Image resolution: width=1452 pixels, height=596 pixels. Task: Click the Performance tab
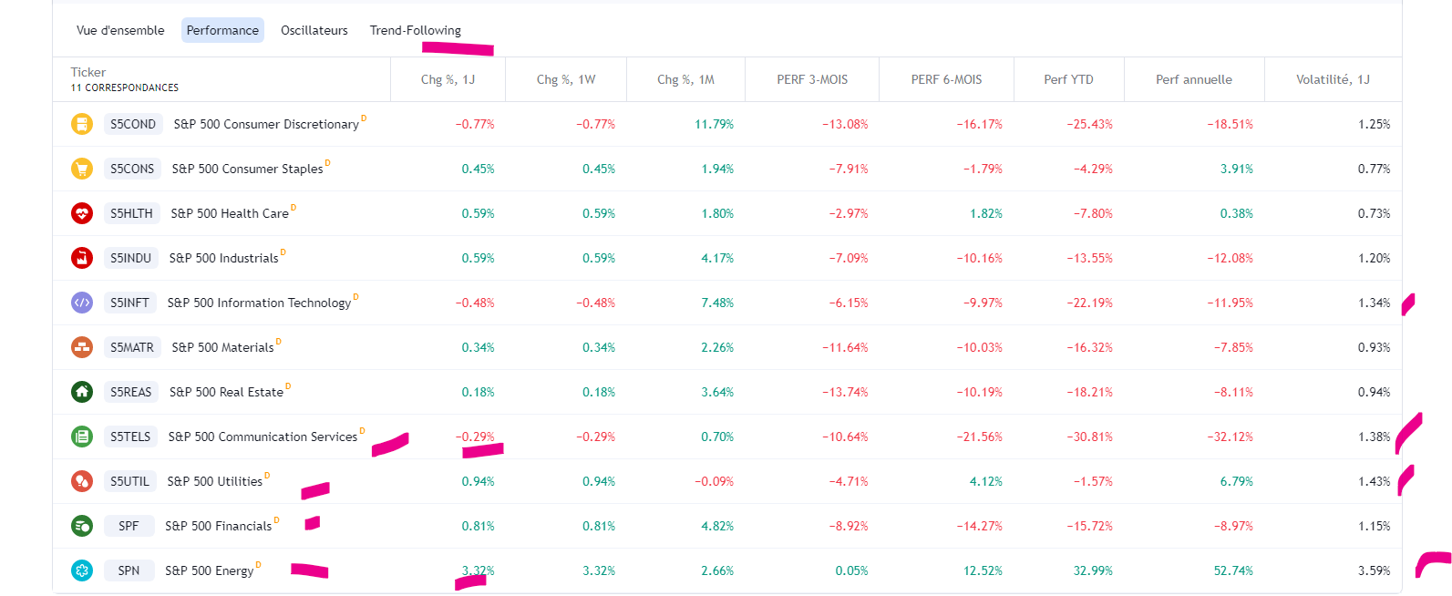222,30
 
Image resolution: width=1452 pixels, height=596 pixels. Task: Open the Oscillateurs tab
314,30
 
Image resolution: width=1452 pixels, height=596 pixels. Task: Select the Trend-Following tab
415,30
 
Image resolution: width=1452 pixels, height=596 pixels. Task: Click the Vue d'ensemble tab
120,30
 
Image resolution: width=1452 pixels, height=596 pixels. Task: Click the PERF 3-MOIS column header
812,79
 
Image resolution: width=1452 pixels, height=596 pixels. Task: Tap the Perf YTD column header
1068,79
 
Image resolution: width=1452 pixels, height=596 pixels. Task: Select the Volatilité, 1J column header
1333,79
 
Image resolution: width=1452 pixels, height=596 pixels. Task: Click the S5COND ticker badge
133,124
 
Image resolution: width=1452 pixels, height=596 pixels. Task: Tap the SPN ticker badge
129,570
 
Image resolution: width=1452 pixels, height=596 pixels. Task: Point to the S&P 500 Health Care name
230,213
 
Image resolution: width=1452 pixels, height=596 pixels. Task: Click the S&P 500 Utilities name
215,481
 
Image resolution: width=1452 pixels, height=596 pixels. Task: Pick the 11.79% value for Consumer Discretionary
714,124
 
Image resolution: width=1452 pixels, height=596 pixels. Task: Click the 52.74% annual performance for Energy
1233,570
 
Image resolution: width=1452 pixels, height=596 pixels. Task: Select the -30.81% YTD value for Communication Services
1089,437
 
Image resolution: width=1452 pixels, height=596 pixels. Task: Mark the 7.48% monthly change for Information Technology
717,303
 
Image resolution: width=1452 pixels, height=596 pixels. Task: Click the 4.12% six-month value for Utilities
985,481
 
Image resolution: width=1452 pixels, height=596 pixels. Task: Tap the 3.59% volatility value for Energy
1374,570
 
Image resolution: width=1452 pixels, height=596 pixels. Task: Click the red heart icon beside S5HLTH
82,213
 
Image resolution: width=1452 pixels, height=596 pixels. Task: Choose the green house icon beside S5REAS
82,392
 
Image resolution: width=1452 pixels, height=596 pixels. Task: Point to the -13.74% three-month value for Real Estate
845,392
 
